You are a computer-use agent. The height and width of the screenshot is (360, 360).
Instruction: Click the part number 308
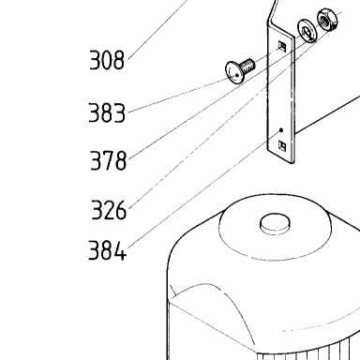107,60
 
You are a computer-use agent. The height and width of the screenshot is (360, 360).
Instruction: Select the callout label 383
107,112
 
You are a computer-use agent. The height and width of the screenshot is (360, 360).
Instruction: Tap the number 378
108,160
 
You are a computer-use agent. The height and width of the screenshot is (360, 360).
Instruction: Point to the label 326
109,210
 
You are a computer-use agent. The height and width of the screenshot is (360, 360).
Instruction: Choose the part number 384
108,250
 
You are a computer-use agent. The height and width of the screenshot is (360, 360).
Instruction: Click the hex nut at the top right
327,20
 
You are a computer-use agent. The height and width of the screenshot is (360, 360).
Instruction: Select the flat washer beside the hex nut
307,31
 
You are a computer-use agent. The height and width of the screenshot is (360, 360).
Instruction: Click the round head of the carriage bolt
234,72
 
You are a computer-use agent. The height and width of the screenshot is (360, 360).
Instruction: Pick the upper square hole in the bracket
282,46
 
